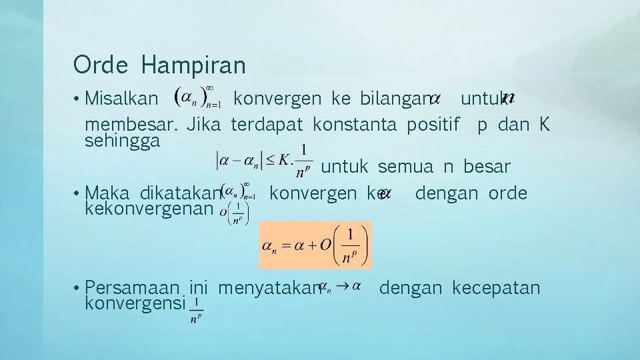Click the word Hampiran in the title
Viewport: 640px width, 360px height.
(x=193, y=66)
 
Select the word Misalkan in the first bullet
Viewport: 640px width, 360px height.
(x=122, y=99)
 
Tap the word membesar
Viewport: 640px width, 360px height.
(x=131, y=124)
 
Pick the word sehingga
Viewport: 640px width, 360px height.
(x=123, y=141)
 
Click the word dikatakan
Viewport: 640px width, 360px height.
(x=180, y=193)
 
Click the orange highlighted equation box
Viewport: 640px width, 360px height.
(x=315, y=245)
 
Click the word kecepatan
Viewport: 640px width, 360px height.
(x=496, y=288)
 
